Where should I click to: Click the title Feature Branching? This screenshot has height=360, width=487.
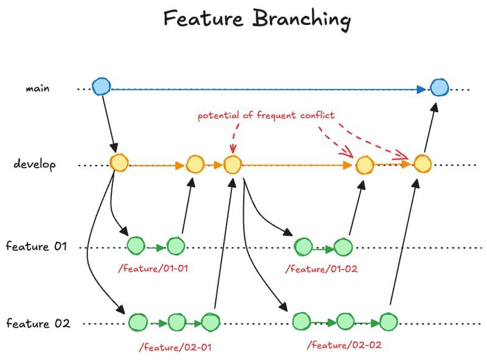pos(257,19)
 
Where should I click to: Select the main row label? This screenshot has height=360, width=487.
pos(38,88)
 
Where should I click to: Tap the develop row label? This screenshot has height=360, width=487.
pos(35,164)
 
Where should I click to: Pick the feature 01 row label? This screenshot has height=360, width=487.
pos(37,246)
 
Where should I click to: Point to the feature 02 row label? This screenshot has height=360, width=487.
pos(38,323)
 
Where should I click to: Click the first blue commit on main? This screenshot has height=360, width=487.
pos(101,86)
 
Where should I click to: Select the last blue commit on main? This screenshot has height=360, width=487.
pos(439,87)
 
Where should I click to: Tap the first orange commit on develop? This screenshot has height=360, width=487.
pos(119,163)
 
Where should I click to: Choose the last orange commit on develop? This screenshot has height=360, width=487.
pos(422,163)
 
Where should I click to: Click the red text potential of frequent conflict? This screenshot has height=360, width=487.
pos(266,115)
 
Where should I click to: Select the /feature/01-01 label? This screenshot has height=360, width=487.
pos(153,268)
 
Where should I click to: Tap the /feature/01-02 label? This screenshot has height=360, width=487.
pos(321,269)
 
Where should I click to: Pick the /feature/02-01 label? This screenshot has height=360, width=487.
pos(175,347)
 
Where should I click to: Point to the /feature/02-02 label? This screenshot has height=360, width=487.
pos(344,345)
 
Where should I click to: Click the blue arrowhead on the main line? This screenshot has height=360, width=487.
pos(421,90)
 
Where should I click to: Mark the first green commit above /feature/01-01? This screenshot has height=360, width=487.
pos(136,245)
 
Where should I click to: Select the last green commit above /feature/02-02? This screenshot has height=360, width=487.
pos(388,322)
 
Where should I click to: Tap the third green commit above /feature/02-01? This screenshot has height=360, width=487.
pos(211,322)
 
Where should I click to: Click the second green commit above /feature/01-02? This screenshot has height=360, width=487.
pos(343,247)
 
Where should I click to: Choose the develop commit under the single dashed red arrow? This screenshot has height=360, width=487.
pos(233,164)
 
